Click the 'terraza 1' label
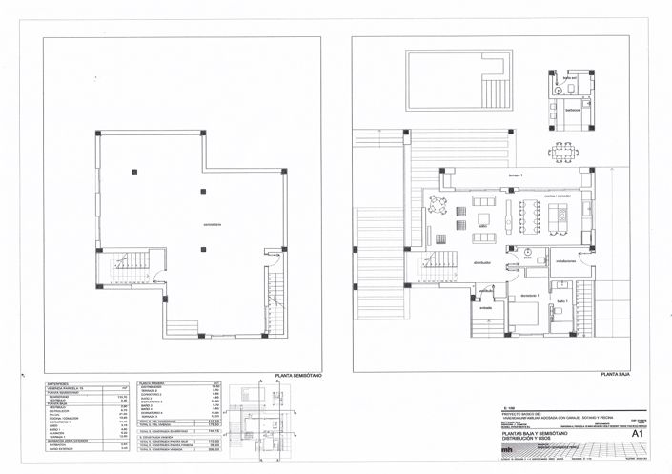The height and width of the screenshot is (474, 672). pos(490,176)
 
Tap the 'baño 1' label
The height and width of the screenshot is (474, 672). pos(562,301)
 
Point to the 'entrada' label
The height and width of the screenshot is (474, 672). pos(485,308)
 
